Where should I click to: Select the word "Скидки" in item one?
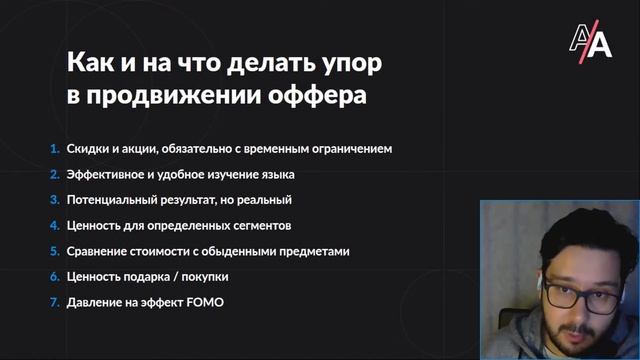[87, 149]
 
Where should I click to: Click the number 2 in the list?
[55, 174]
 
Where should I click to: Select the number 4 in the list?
[55, 225]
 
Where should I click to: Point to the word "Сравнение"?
[98, 251]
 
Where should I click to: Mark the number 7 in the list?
[55, 301]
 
